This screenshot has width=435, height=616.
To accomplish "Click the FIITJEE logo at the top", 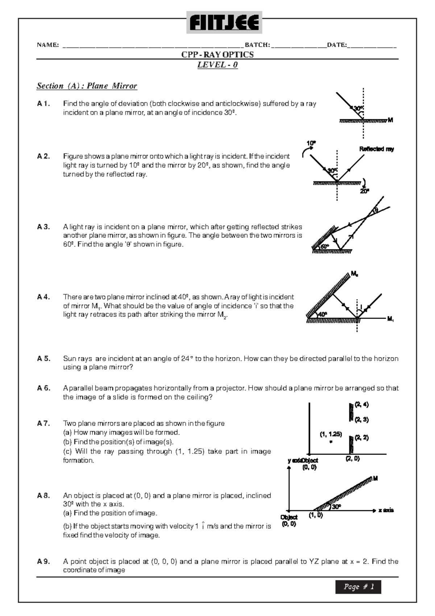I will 224,22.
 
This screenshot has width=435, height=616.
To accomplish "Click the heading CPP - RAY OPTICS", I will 217,54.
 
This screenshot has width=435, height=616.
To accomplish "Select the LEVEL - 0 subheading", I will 217,65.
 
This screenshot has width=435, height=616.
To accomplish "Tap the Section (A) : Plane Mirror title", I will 87,86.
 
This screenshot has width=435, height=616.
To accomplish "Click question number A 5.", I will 43,358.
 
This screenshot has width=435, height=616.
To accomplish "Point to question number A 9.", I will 43,561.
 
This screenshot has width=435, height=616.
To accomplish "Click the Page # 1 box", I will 358,587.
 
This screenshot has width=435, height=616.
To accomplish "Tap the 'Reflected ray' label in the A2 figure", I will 376,149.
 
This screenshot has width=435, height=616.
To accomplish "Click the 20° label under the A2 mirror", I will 364,191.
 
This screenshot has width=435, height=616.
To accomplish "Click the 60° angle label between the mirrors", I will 324,247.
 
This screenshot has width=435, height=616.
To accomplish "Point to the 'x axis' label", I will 386,510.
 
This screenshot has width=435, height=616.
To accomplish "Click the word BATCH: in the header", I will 257,45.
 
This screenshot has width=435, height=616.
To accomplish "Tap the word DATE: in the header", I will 337,45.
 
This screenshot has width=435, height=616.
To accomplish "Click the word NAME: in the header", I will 48,45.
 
